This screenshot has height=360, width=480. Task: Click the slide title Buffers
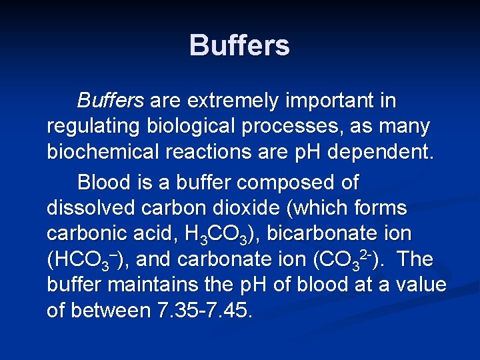pyautogui.click(x=239, y=46)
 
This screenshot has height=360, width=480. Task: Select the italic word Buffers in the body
pyautogui.click(x=110, y=101)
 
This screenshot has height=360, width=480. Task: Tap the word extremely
pyautogui.click(x=231, y=101)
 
